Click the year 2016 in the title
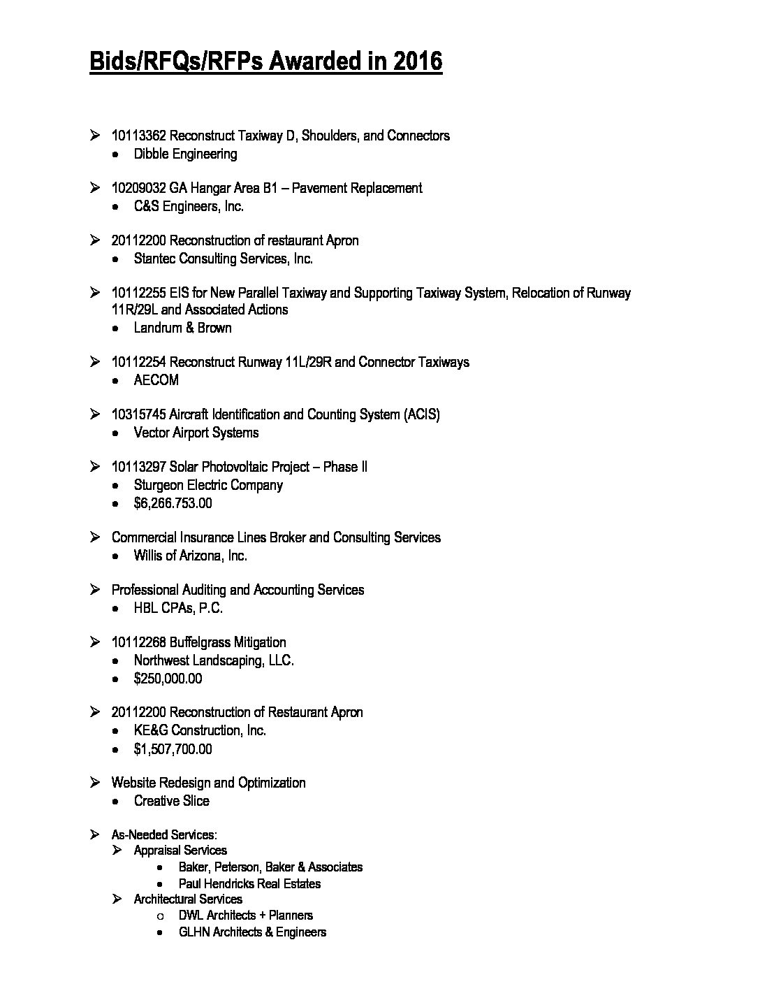tap(417, 61)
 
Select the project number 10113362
tap(139, 136)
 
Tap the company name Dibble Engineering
tap(185, 154)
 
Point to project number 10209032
tap(139, 188)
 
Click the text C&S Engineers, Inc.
tap(189, 206)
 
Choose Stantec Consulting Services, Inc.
tap(223, 259)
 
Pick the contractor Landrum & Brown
tap(182, 328)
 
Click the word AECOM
tap(156, 380)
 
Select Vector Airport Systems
tap(196, 433)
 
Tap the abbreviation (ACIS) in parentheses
tap(421, 414)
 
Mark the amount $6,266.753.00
tap(173, 503)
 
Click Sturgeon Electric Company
tap(208, 485)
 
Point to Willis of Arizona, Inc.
tap(191, 556)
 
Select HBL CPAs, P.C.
tap(178, 608)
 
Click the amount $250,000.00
tap(168, 679)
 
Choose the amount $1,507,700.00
tap(173, 749)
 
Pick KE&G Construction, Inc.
tap(200, 730)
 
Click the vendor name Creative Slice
tap(171, 801)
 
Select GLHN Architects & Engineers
tap(252, 932)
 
